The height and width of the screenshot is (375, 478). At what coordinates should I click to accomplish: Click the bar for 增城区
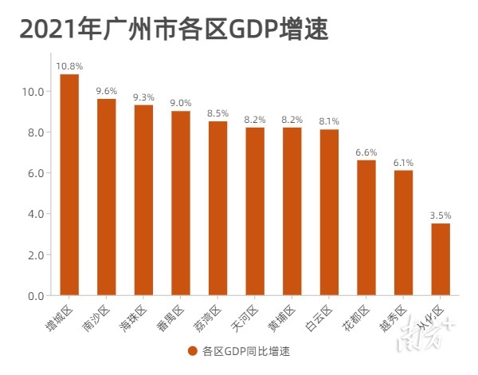tap(69, 184)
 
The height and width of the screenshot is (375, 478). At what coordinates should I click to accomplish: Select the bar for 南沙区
tap(107, 197)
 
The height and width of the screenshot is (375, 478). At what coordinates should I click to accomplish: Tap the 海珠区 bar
tap(143, 200)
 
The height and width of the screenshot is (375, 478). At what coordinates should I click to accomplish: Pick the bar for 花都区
tap(366, 227)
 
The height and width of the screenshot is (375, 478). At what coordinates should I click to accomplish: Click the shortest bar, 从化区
tap(441, 259)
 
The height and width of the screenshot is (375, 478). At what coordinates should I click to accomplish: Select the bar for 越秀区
tap(403, 233)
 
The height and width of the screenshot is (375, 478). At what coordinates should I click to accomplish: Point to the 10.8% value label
tap(69, 65)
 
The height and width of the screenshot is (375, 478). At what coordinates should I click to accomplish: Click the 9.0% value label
tap(181, 102)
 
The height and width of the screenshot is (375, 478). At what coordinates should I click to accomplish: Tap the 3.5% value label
tap(441, 215)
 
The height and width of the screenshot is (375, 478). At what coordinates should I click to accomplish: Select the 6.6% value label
tap(366, 152)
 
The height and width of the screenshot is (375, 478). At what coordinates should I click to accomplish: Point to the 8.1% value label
tap(329, 120)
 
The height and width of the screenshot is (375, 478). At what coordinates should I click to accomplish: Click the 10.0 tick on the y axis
tap(34, 92)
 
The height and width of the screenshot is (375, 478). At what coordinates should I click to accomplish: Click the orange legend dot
tap(192, 350)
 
